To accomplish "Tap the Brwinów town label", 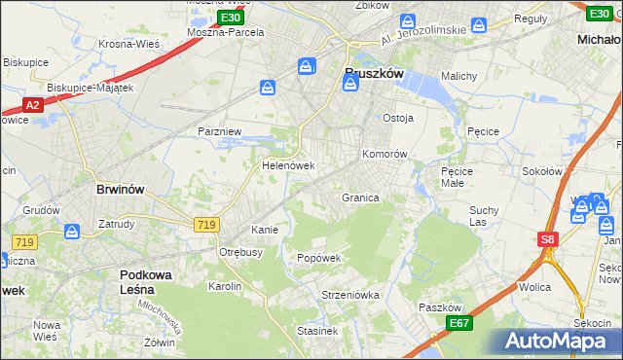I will [121, 191].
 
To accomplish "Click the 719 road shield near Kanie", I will [205, 225].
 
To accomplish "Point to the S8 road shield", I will [548, 239].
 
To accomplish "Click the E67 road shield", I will [459, 323].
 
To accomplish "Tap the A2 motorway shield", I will [32, 104].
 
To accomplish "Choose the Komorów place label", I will [384, 155].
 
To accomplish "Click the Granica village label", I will [360, 198].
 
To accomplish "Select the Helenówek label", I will [288, 165].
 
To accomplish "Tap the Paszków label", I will [439, 306].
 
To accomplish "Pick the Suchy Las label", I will [484, 215].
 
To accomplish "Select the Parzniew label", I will [219, 130].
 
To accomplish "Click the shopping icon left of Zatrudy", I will [72, 232].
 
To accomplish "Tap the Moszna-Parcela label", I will [226, 32].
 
